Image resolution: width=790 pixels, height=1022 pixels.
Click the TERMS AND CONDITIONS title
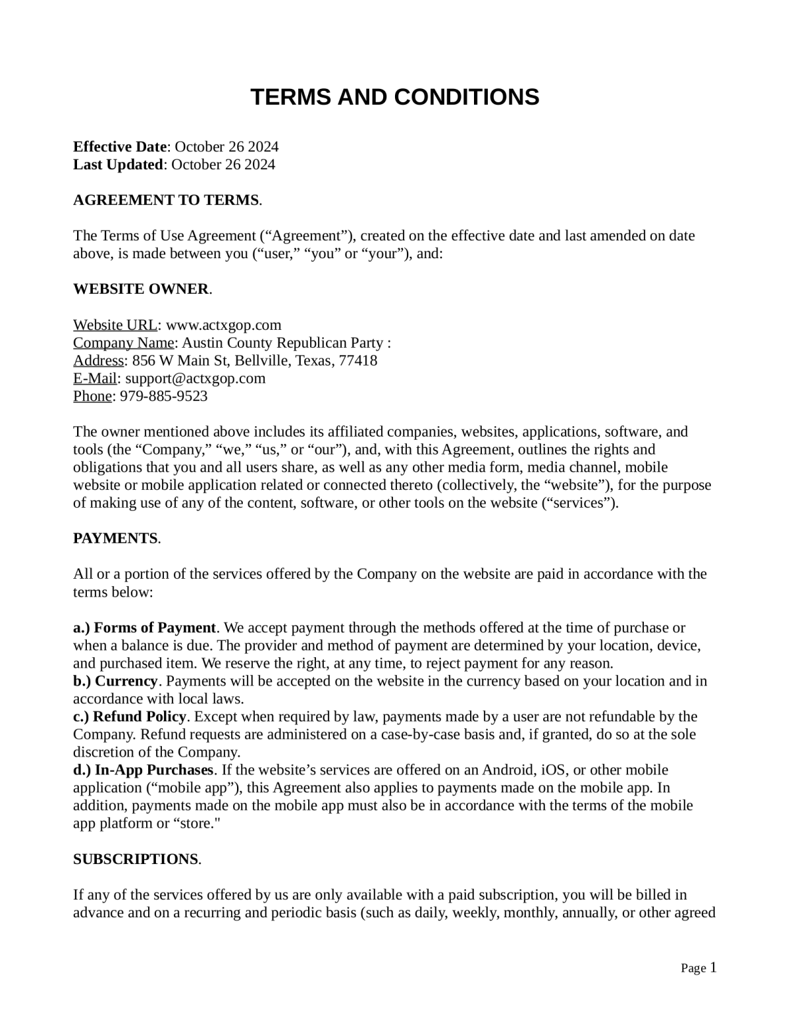coord(394,97)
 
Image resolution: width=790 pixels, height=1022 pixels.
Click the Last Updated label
coord(118,164)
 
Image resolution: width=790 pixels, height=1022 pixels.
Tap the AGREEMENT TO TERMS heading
coord(166,200)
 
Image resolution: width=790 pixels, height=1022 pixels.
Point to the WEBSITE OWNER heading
coord(141,289)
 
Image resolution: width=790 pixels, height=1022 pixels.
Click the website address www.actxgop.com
coord(223,325)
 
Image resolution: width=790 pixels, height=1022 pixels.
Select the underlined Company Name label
coord(123,342)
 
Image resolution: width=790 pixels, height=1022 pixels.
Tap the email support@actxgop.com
coord(195,378)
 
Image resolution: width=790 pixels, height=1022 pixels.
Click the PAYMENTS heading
coord(115,538)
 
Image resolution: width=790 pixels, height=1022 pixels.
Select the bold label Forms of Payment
coord(155,628)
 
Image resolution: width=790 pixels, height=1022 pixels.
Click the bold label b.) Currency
coord(115,681)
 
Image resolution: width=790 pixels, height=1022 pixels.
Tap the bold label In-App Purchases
coord(154,770)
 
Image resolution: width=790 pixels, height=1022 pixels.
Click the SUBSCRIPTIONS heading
coord(136,859)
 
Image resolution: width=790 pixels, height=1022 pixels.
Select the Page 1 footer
coord(698,968)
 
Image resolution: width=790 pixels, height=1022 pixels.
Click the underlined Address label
coord(98,360)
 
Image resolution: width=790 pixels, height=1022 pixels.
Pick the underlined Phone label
coord(92,396)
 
